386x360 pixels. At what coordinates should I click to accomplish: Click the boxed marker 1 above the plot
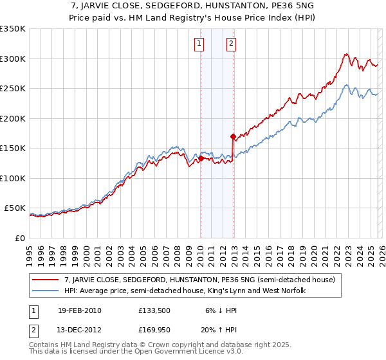199,44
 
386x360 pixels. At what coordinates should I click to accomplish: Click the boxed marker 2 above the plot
231,44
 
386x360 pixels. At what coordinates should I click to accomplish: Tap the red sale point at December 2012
233,136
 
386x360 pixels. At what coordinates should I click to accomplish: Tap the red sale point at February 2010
201,157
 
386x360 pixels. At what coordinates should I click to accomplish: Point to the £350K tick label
13,29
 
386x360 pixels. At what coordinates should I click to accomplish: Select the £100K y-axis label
13,178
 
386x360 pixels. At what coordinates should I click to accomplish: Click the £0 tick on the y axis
21,238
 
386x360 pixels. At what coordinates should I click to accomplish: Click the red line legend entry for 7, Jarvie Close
200,280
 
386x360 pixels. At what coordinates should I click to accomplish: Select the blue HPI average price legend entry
185,291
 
